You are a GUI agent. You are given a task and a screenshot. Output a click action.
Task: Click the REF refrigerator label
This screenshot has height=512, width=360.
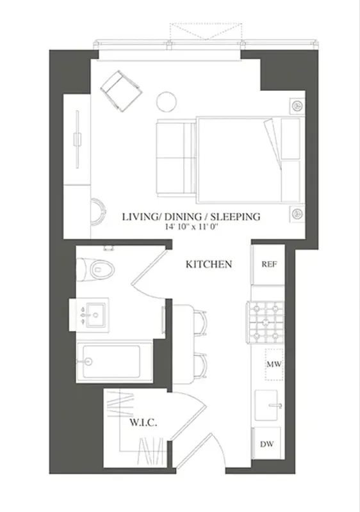pos(267,264)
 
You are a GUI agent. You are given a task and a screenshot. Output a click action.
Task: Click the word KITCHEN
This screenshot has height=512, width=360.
pos(208,264)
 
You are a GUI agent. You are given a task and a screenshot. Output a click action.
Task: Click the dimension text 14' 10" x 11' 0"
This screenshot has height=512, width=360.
pos(191,227)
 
